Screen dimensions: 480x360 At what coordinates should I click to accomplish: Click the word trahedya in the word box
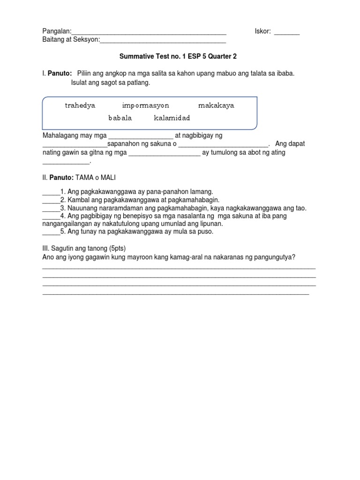pos(80,105)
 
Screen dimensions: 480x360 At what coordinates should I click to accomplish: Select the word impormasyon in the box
pos(145,105)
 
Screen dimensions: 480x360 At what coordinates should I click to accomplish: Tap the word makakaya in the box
pos(216,105)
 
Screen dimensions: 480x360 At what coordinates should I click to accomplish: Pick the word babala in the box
pos(120,118)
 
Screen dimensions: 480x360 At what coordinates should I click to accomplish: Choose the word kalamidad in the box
pos(172,118)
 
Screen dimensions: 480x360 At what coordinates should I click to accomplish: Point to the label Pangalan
pos(55,32)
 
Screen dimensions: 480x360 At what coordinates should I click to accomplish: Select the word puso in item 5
pos(204,232)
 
